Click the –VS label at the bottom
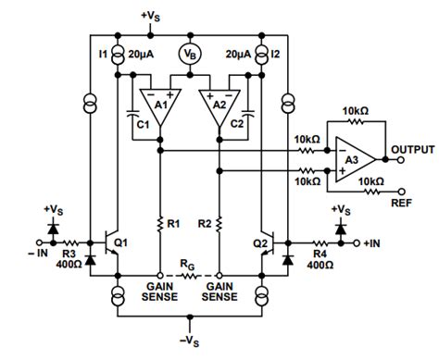pos(190,344)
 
